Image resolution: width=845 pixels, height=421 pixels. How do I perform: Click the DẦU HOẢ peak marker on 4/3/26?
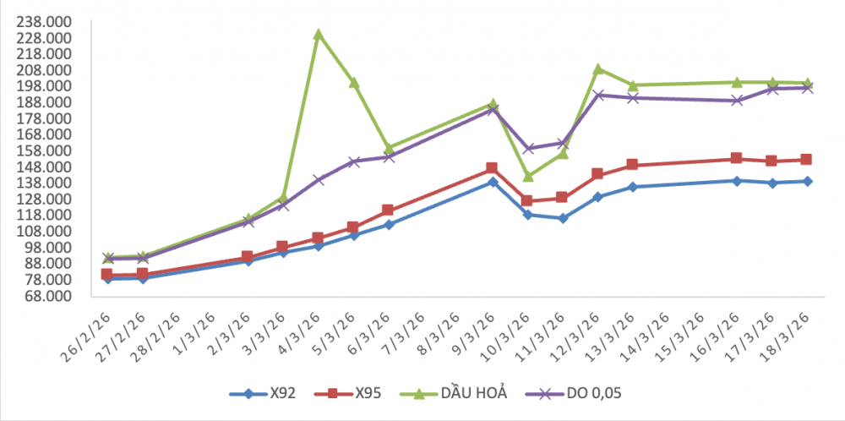[318, 35]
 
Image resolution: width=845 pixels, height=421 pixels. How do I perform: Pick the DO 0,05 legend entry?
[575, 393]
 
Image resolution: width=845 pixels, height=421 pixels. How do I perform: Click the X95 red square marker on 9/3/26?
[493, 168]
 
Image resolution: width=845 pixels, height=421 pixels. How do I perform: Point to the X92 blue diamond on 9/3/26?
[493, 182]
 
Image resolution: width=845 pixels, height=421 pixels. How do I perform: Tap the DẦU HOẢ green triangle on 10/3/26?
[527, 176]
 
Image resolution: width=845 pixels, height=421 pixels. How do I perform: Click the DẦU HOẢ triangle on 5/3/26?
[354, 83]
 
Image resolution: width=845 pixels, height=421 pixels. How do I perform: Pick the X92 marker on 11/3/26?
[563, 218]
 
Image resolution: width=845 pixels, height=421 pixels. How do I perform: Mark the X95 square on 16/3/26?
[737, 158]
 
